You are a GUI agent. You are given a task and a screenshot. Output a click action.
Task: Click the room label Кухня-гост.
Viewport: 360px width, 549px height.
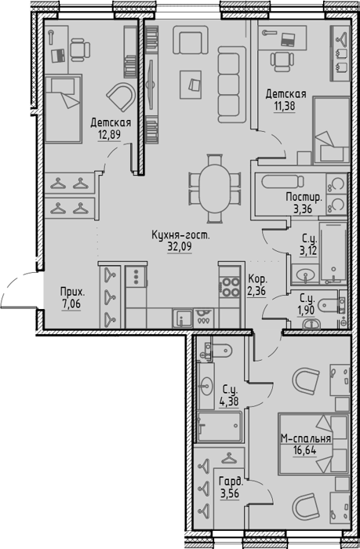pyautogui.click(x=180, y=235)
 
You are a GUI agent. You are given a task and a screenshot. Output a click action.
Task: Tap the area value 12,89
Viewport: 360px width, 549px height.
pyautogui.click(x=110, y=135)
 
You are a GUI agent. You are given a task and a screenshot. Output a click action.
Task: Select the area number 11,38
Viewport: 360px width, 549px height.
pyautogui.click(x=285, y=106)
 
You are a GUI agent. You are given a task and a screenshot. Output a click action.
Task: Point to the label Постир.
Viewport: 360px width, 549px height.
pyautogui.click(x=304, y=198)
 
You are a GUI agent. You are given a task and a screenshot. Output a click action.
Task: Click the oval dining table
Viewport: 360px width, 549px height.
pyautogui.click(x=214, y=188)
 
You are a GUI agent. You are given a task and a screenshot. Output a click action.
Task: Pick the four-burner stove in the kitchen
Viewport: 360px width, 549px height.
pyautogui.click(x=230, y=287)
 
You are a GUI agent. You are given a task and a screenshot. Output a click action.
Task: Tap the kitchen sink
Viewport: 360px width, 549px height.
pyautogui.click(x=183, y=318)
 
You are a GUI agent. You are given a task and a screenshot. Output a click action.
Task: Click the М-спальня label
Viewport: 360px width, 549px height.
pyautogui.click(x=306, y=439)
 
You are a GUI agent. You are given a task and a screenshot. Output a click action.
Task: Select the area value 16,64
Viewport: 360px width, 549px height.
pyautogui.click(x=305, y=450)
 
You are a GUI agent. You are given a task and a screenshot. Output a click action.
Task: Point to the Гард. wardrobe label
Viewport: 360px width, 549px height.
pyautogui.click(x=231, y=482)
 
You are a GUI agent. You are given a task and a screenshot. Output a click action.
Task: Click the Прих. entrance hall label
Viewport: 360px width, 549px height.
pyautogui.click(x=72, y=293)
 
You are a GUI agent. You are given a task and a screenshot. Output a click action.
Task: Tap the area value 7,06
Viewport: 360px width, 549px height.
pyautogui.click(x=71, y=304)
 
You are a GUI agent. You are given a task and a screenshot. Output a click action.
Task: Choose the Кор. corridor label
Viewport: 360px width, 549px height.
pyautogui.click(x=258, y=280)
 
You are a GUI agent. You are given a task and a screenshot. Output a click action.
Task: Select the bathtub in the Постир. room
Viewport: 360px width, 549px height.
pyautogui.click(x=282, y=182)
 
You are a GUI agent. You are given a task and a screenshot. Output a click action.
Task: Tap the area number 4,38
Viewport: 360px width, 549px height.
pyautogui.click(x=229, y=402)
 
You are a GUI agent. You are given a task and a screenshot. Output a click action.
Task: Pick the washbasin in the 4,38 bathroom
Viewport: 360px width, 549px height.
pyautogui.click(x=205, y=386)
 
